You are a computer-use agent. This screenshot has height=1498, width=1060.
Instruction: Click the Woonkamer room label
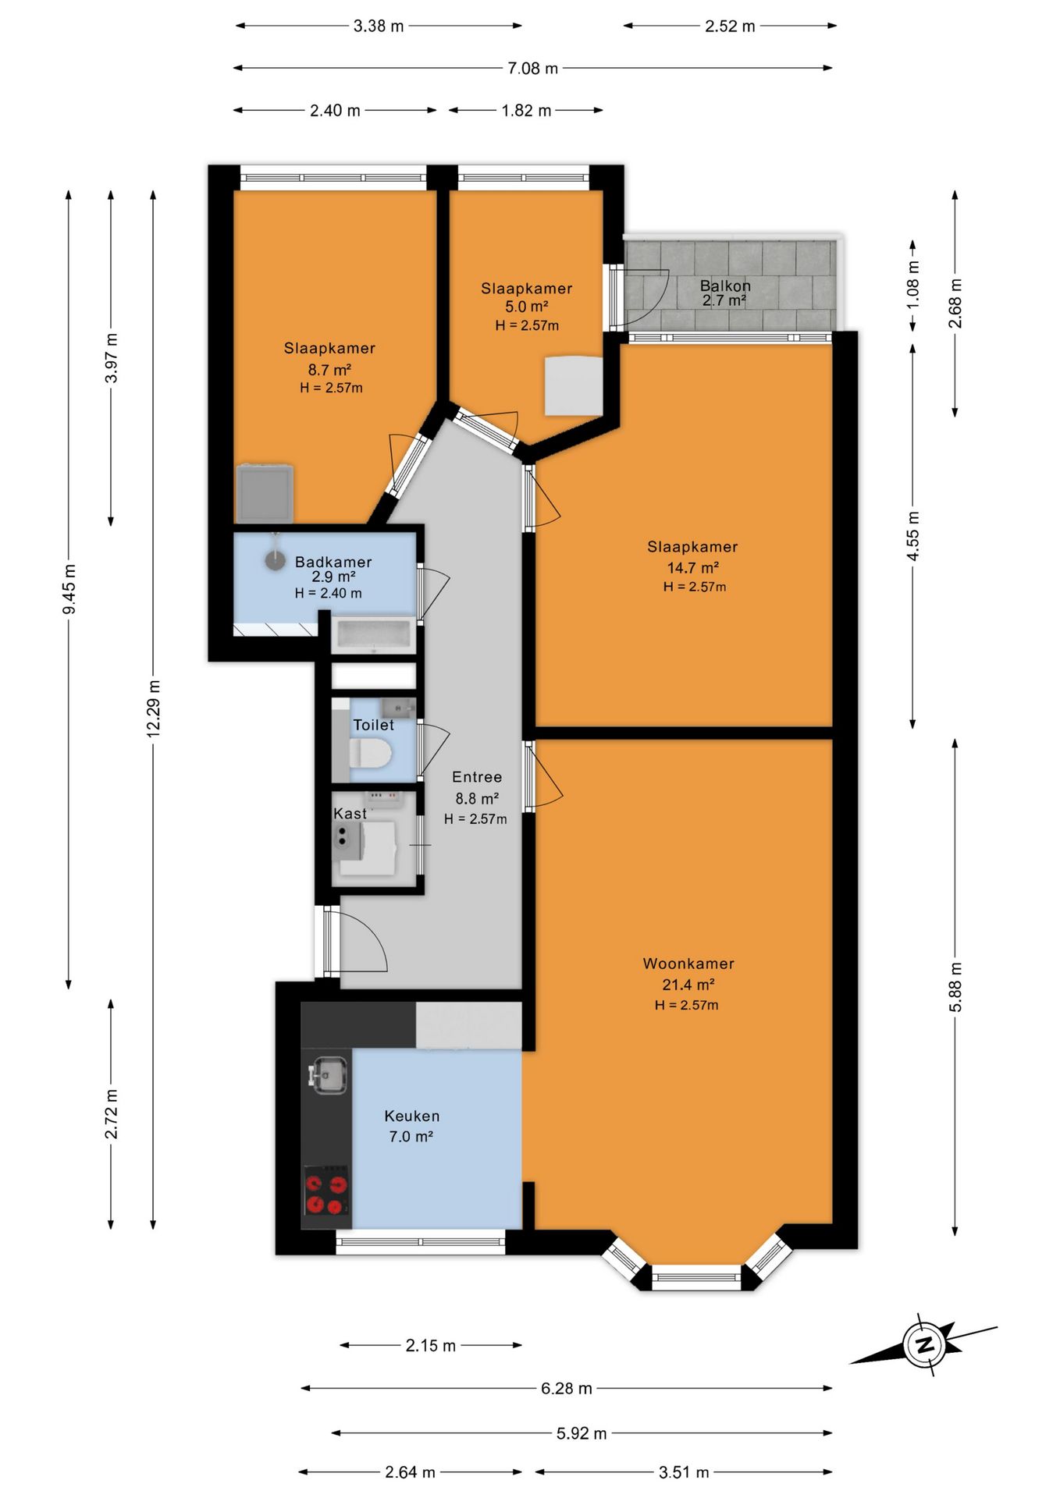tap(688, 964)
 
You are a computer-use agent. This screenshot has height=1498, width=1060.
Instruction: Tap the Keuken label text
tap(412, 1116)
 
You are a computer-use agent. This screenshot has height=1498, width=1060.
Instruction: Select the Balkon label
tap(725, 286)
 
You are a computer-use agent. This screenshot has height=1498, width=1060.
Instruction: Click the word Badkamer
tap(333, 562)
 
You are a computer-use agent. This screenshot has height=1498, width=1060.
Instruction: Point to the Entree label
tap(477, 777)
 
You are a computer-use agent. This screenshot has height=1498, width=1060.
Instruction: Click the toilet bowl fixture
tap(369, 754)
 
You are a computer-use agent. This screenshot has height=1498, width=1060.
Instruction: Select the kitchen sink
tap(329, 1075)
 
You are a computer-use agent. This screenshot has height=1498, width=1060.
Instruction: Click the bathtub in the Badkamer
tap(373, 634)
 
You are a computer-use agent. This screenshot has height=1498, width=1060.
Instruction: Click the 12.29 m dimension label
tap(154, 708)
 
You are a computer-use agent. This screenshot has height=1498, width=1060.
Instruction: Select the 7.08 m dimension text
tap(533, 69)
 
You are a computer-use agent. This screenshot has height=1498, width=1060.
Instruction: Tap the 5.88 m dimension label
tap(955, 987)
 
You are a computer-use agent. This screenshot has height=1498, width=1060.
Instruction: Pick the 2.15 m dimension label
tap(431, 1346)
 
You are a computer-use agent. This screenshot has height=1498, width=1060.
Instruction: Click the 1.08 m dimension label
tap(913, 285)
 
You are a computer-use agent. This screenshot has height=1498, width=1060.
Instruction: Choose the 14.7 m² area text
tap(692, 568)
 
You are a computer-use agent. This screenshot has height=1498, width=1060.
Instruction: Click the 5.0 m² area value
tap(526, 307)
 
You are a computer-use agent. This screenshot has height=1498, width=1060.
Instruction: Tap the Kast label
tap(350, 814)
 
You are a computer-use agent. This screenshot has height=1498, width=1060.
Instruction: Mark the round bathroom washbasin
tap(275, 559)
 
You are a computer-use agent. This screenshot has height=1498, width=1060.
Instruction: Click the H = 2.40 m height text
tap(328, 593)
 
